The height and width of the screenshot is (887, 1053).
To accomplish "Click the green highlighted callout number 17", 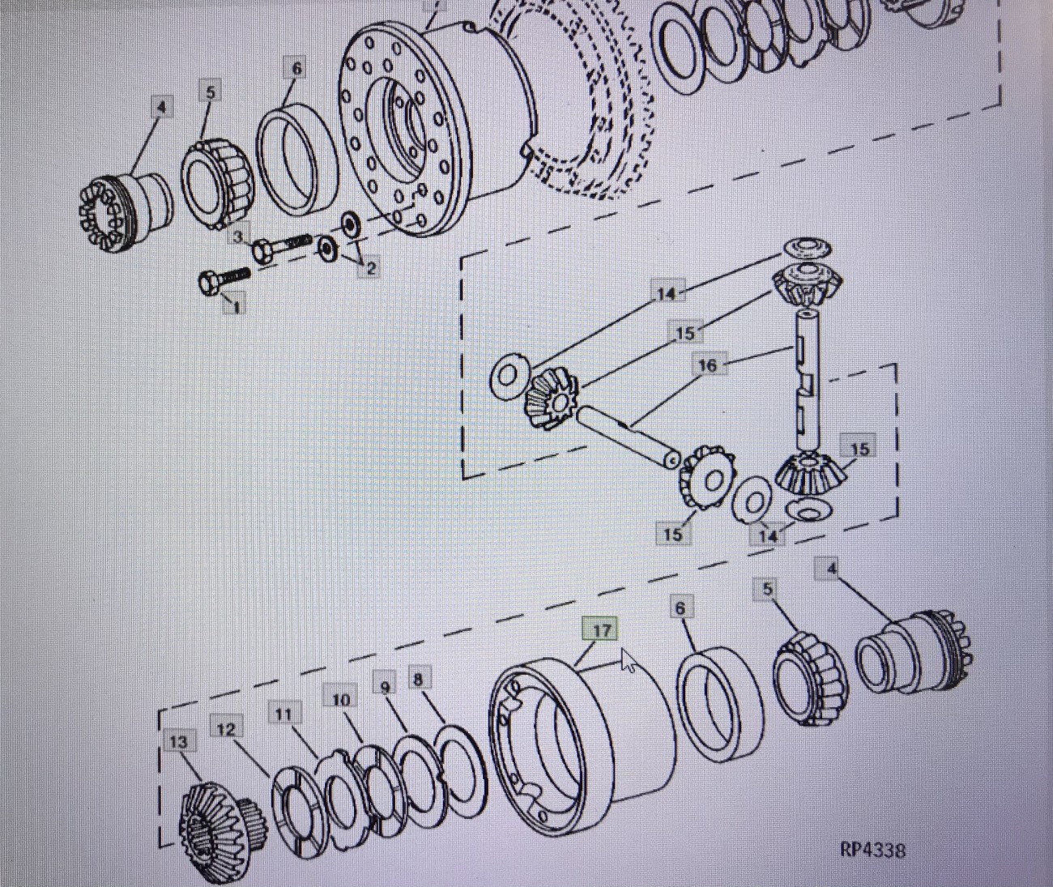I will coord(601,630).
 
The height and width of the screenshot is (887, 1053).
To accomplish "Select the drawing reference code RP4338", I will coord(872,850).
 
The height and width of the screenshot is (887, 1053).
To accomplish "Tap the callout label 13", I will coord(179,741).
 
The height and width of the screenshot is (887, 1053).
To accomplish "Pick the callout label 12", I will coord(226,729).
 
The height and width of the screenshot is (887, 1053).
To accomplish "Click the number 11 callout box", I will coord(283,714).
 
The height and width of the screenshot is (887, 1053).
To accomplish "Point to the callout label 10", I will coord(341,699).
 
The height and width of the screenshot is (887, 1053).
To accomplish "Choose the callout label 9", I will coord(386,687).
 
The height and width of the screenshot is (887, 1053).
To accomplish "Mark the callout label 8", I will coord(417,679).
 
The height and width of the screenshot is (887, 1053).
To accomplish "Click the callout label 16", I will coord(707,365).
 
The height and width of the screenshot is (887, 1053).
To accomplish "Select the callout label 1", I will coord(236,306).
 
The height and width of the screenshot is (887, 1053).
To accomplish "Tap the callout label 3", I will coord(238,237).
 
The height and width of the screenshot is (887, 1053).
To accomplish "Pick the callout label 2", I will coord(370,268).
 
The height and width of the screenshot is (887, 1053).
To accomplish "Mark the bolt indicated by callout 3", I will coord(283,245).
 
